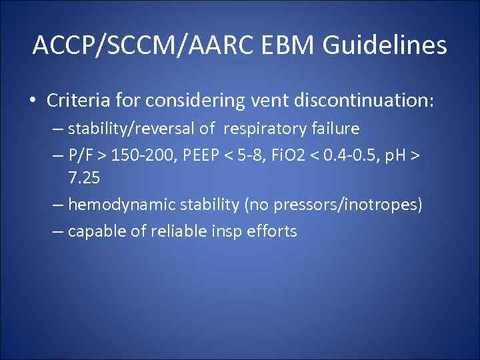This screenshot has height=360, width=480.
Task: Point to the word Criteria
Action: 75,101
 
